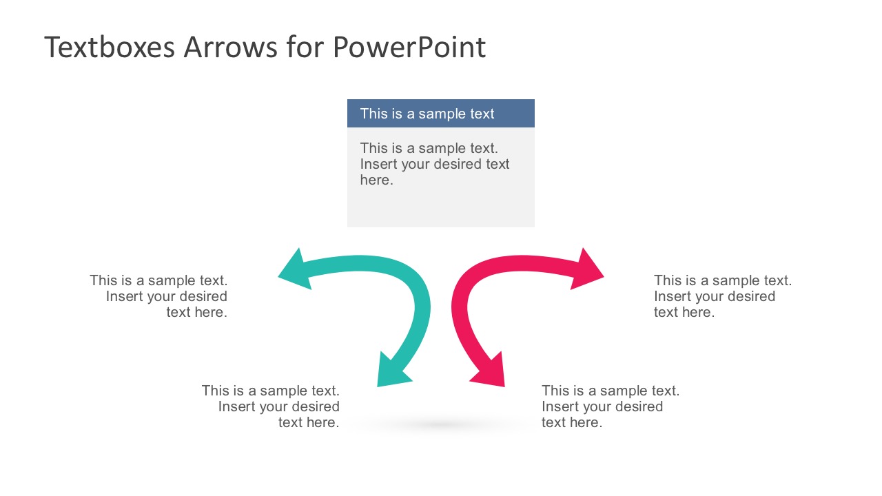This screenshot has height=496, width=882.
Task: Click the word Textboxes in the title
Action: [x=110, y=48]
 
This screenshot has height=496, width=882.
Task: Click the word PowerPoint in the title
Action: [x=409, y=48]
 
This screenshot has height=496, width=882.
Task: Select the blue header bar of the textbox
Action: [x=440, y=114]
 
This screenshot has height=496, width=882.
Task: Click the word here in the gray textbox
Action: [x=376, y=180]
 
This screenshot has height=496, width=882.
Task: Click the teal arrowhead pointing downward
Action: [x=392, y=372]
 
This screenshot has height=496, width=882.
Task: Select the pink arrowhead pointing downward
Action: [x=490, y=372]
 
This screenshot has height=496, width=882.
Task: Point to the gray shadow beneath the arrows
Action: [x=441, y=425]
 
